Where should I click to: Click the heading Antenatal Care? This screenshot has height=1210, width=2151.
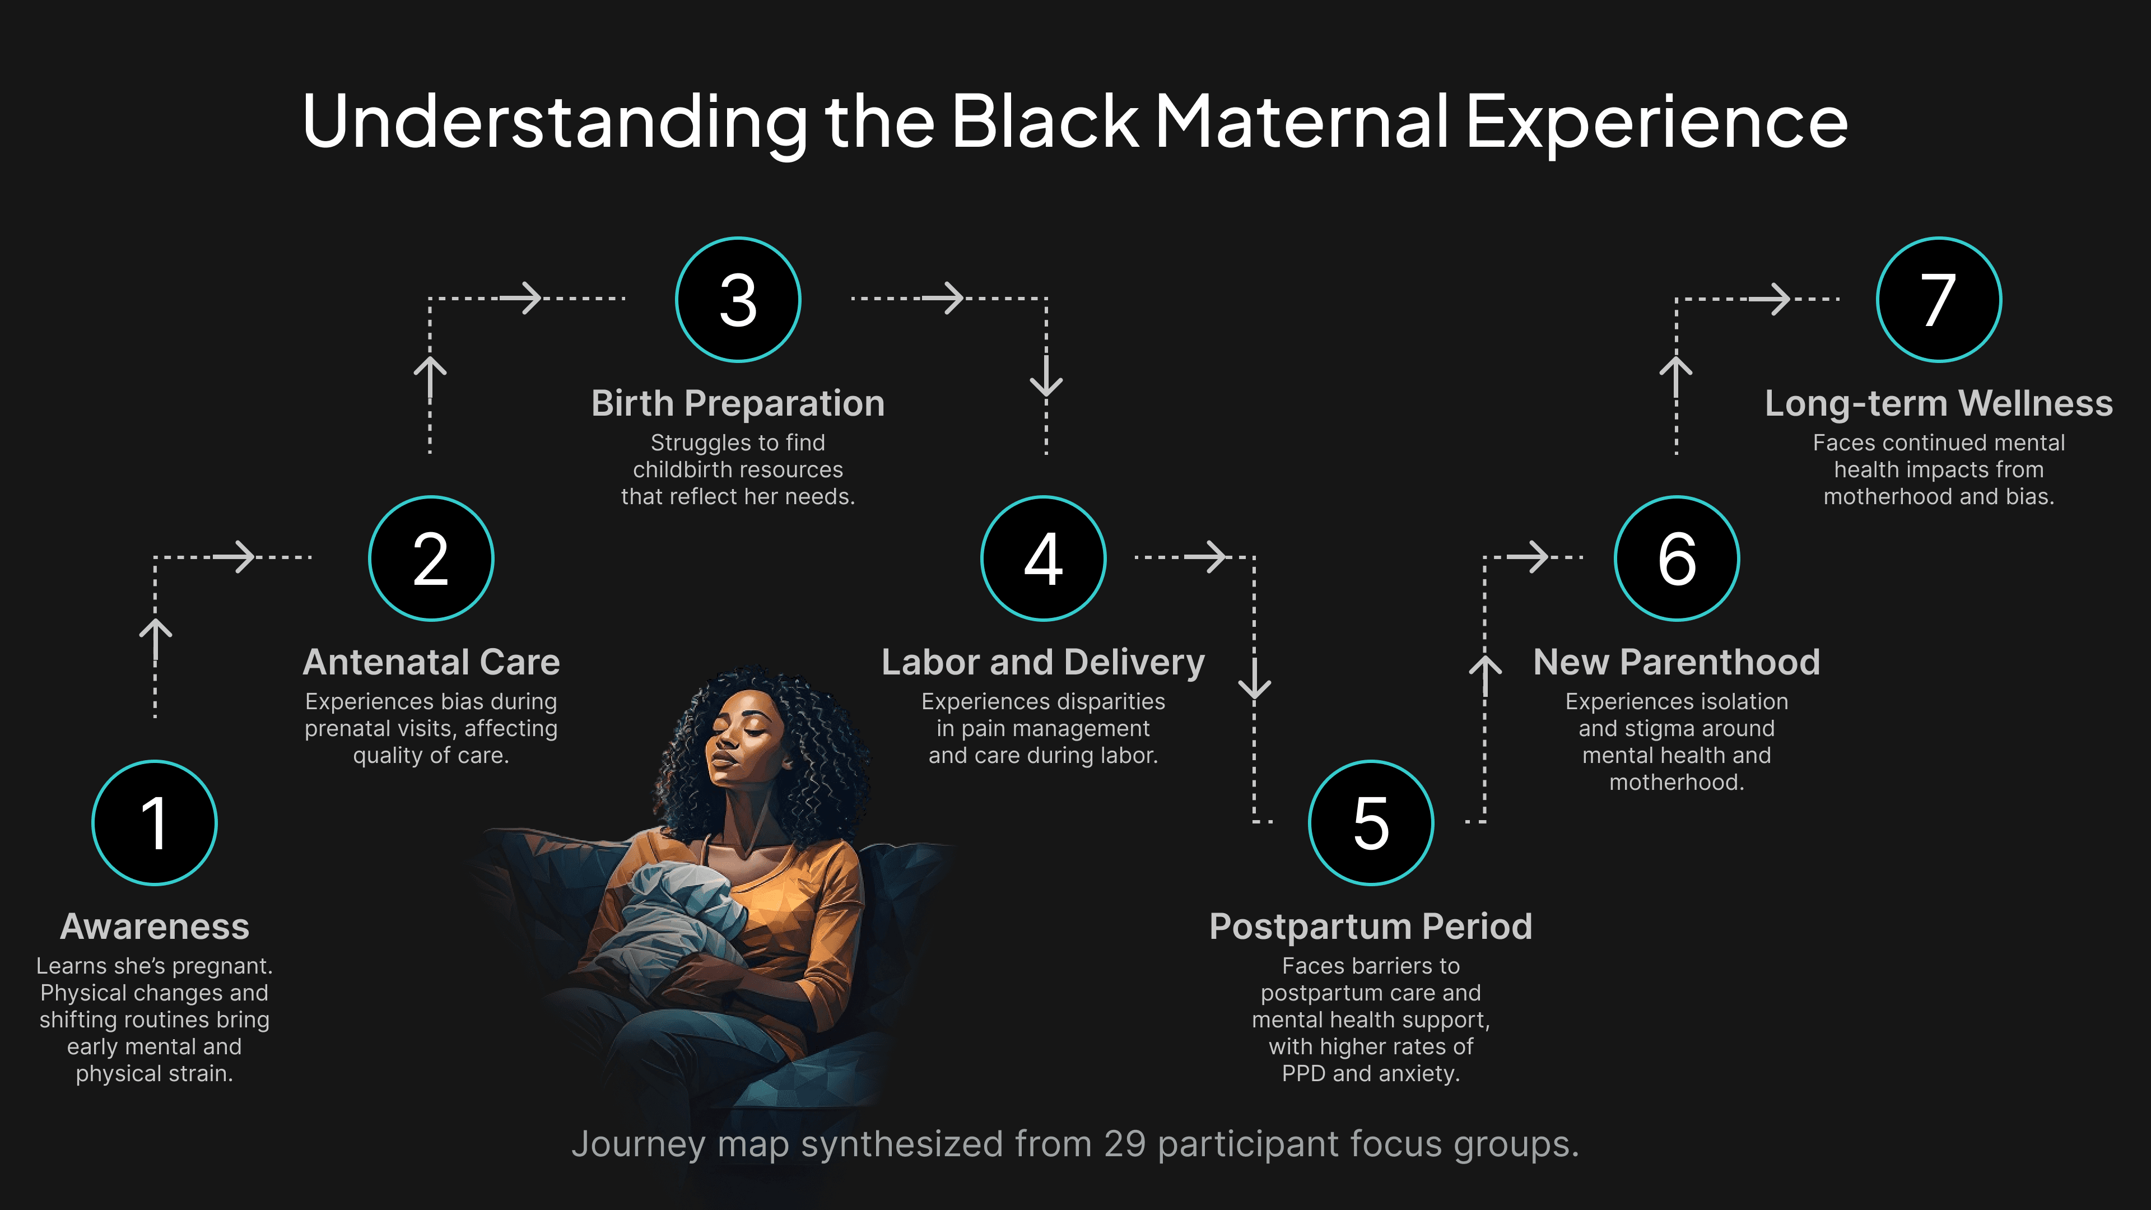coord(431,662)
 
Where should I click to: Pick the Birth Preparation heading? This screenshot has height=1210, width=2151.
coord(738,403)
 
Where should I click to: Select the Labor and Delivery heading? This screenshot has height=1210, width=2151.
coord(1043,662)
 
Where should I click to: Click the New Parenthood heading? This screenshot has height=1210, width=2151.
coord(1677,662)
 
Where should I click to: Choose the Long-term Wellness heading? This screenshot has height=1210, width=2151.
coord(1939,403)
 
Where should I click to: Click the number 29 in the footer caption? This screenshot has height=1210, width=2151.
coord(1125,1144)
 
